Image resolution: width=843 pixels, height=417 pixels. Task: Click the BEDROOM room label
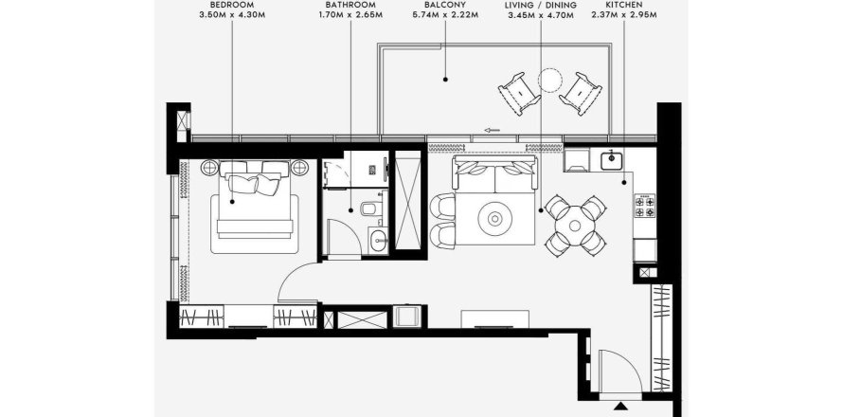[232, 5]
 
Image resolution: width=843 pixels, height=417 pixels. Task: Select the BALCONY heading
[444, 5]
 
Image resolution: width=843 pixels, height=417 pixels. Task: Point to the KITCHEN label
[623, 5]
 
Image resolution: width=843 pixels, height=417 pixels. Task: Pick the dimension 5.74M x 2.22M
[444, 15]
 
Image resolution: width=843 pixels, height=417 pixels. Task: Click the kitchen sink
[612, 160]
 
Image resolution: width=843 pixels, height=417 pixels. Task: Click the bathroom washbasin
[378, 240]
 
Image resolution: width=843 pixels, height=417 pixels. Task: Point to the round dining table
[575, 226]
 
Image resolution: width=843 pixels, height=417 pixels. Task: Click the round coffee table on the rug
[494, 219]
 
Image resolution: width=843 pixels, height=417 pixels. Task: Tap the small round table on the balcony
[550, 81]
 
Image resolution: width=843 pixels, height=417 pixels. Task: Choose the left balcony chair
[519, 94]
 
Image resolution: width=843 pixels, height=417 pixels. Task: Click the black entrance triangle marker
[621, 407]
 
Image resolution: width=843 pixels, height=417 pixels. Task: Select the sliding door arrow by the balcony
[492, 130]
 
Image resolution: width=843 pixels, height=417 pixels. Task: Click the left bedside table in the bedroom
[209, 168]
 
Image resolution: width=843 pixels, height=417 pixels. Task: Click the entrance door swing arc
[629, 360]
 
